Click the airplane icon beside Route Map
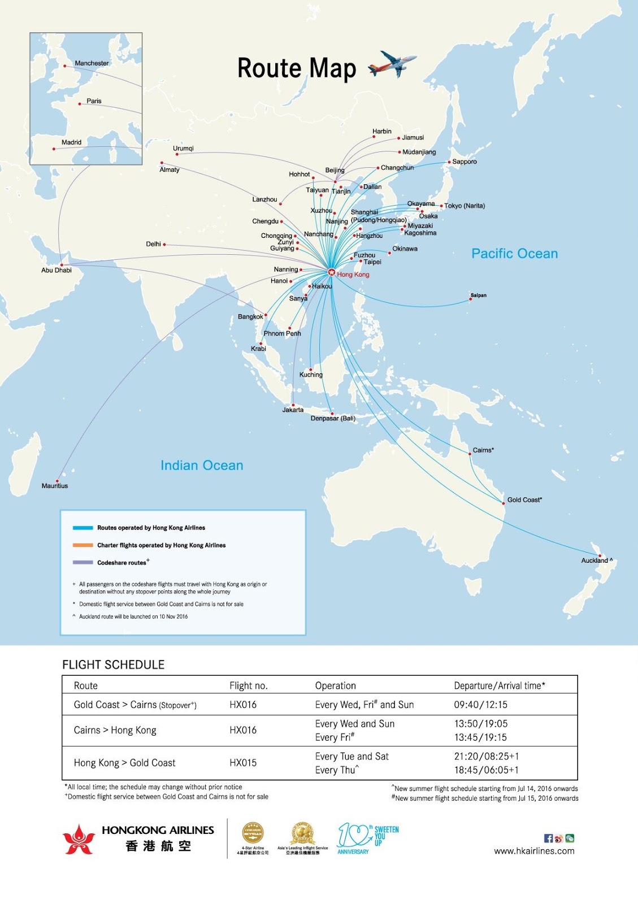tap(393, 64)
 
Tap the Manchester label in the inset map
tap(92, 63)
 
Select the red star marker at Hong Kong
tap(331, 273)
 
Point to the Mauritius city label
tap(55, 486)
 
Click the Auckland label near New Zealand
tap(594, 560)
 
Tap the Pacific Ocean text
tap(514, 254)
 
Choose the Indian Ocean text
tap(202, 466)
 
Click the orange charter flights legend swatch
tap(83, 545)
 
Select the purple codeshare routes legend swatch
tap(83, 563)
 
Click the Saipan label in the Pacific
tap(478, 295)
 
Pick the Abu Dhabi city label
tap(57, 270)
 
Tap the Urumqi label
tap(183, 149)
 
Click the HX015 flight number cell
tap(243, 763)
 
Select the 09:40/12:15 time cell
tap(480, 705)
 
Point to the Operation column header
tap(335, 685)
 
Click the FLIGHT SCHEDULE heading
tap(113, 665)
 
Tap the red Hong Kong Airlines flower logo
tap(79, 839)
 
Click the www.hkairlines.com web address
tap(534, 851)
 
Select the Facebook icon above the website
tap(548, 838)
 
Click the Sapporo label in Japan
tap(465, 162)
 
